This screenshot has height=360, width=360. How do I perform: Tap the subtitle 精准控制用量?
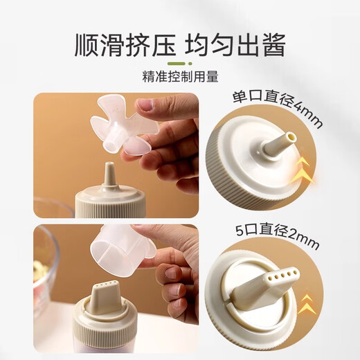tap(179, 76)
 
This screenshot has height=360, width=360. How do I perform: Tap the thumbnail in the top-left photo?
tap(145, 105)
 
